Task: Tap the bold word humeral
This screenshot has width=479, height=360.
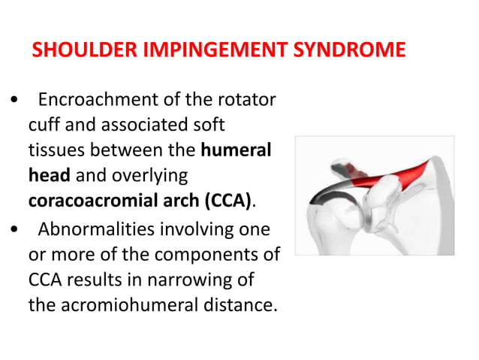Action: pos(236,150)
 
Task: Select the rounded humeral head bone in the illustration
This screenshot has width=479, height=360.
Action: pos(330,222)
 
